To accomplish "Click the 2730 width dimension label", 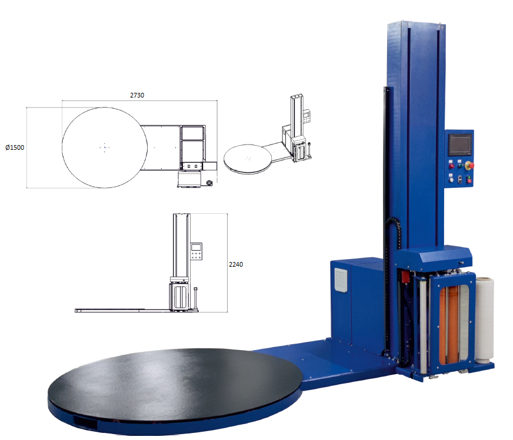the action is point(137,95).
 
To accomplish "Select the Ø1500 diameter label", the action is point(15,147).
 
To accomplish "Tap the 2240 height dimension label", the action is point(236,264).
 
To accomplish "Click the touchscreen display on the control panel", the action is point(460,145).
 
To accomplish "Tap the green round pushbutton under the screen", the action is point(460,165).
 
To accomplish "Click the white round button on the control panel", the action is point(451,179).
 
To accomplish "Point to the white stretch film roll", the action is point(485,320).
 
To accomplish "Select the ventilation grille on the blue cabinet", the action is point(341,280).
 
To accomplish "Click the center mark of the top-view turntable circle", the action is point(105,147).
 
